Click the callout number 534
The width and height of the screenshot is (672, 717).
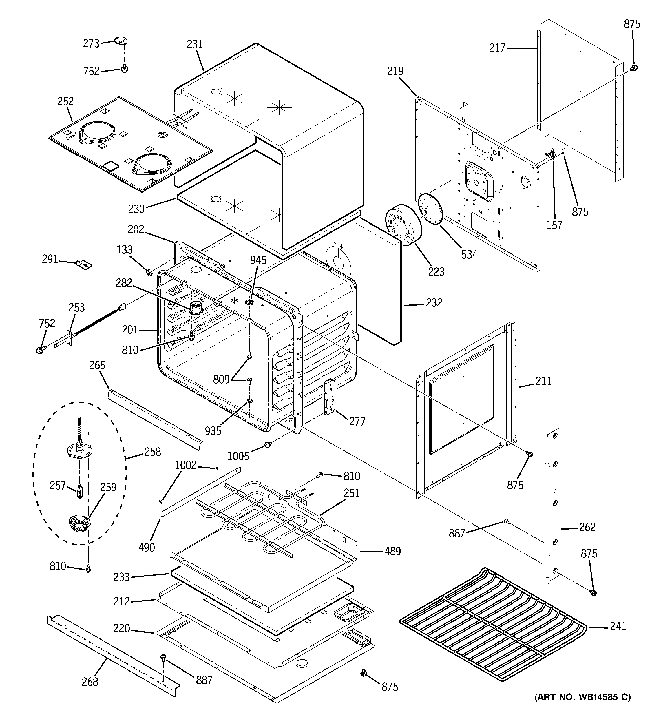469,255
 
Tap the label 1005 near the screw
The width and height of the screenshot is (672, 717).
238,456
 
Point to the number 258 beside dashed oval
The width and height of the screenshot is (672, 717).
153,452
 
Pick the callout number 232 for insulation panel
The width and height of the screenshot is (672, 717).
434,303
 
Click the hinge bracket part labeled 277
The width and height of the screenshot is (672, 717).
330,397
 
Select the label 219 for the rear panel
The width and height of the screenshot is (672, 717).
395,71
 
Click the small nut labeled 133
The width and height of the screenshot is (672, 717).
148,271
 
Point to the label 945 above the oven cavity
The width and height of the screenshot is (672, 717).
258,260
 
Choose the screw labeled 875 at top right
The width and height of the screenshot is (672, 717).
633,67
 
